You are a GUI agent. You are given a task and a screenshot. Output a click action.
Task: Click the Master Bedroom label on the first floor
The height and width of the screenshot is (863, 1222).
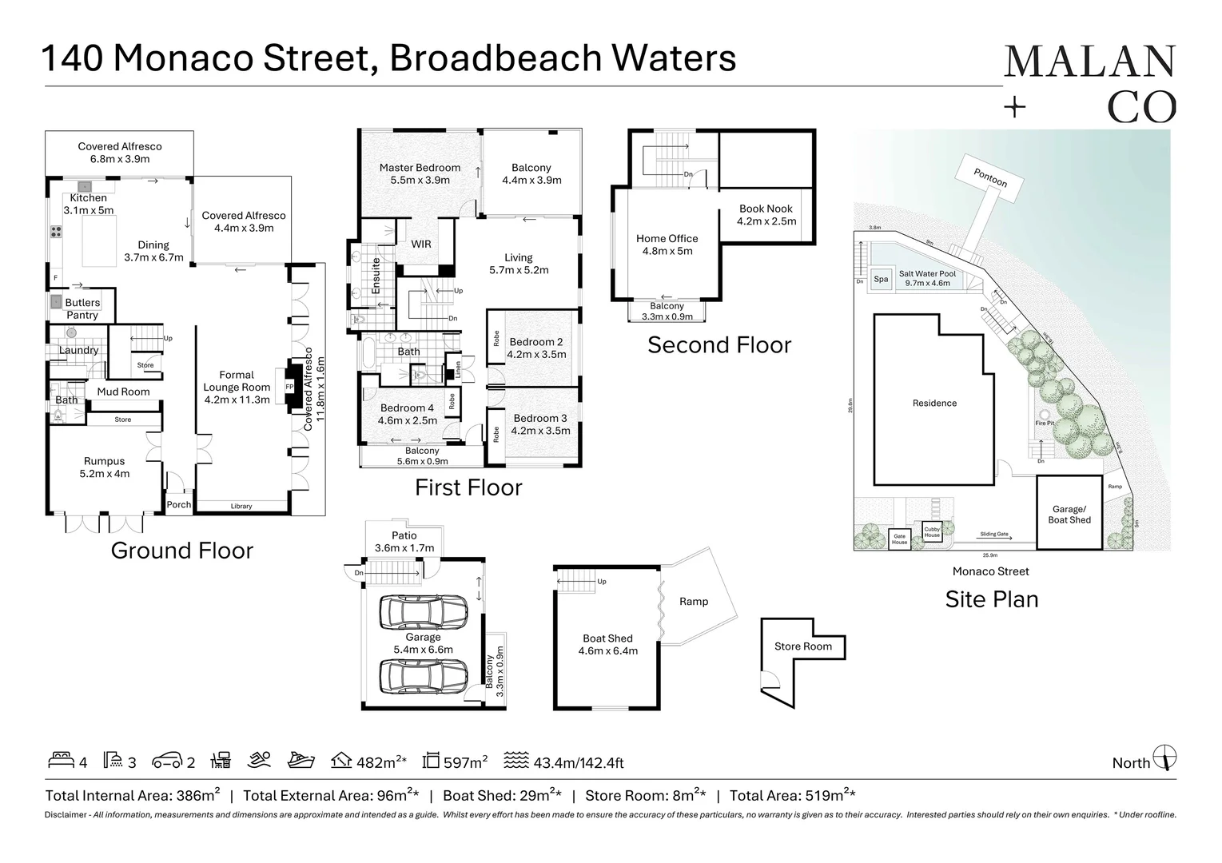[420, 168]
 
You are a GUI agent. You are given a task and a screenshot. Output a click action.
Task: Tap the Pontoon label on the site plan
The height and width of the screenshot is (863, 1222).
[990, 177]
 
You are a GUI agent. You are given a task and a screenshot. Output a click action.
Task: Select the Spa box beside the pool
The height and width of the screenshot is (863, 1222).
[881, 279]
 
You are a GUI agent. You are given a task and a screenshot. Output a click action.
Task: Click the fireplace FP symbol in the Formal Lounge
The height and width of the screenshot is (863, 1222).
[289, 387]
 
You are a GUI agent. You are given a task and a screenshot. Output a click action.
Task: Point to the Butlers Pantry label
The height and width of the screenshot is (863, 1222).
[82, 308]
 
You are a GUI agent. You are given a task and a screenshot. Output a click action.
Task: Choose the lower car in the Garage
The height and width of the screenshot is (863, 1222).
[423, 677]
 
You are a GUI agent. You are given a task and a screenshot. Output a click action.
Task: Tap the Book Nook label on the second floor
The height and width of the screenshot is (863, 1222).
[766, 209]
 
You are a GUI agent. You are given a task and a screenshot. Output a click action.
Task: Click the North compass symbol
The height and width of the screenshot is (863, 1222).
[1167, 757]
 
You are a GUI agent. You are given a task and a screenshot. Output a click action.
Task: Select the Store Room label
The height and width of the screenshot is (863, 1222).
[802, 646]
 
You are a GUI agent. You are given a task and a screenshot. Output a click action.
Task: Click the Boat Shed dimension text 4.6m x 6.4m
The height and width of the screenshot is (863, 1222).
[607, 650]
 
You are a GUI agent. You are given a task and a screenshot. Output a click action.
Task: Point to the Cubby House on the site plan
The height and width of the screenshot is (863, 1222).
[932, 531]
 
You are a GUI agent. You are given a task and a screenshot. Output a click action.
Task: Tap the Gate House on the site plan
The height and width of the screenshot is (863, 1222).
[899, 539]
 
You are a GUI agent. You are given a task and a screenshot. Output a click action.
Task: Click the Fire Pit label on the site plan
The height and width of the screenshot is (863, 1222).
[1045, 423]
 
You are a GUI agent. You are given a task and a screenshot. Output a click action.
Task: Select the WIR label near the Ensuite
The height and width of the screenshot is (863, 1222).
[421, 244]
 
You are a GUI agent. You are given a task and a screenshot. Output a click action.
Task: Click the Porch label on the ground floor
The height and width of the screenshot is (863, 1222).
[178, 504]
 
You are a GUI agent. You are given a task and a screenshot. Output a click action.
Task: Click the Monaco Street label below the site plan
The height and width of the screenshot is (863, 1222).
[990, 571]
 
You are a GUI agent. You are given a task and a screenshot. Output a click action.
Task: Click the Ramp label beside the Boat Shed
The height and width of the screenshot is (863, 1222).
[693, 601]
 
